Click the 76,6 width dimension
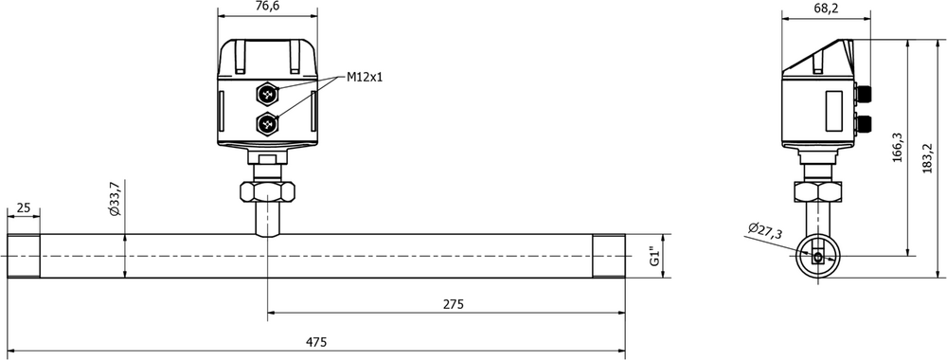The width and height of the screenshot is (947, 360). (x=268, y=6)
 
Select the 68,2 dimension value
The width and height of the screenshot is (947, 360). (x=826, y=8)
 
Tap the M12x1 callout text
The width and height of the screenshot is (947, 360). (x=365, y=77)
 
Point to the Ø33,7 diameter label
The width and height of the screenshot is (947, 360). (x=115, y=199)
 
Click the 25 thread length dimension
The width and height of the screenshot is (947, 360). (x=23, y=208)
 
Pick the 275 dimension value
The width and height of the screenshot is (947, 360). (x=453, y=304)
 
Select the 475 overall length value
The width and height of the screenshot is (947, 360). (x=316, y=343)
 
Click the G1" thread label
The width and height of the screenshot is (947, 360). (x=653, y=256)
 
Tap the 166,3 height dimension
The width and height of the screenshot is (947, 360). (x=897, y=148)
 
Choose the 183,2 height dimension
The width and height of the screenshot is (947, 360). (x=928, y=159)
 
